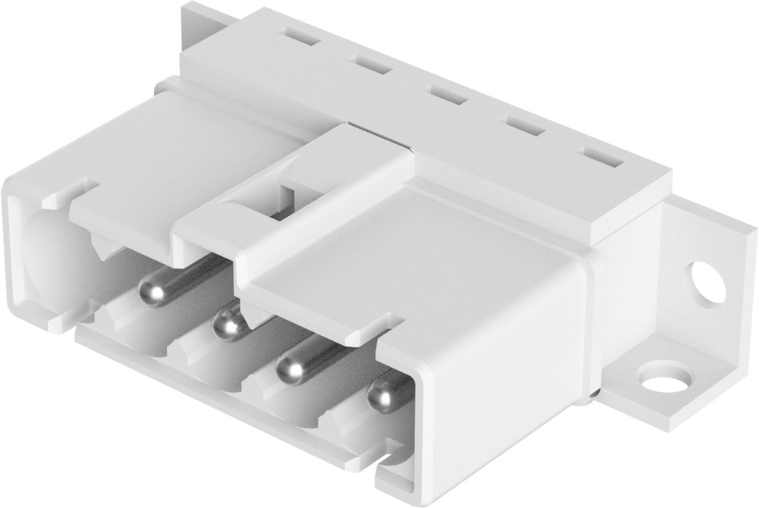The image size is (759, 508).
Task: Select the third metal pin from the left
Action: [x=291, y=368]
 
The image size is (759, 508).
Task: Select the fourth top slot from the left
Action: [x=525, y=127]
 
